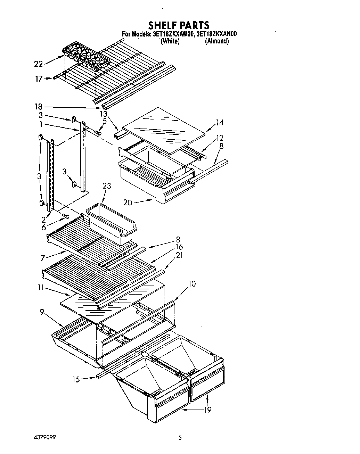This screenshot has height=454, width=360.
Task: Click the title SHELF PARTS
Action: (x=179, y=25)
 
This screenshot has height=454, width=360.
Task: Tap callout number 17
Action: (x=38, y=79)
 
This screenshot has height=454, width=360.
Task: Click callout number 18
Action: (x=38, y=107)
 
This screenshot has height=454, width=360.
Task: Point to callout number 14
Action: (x=219, y=123)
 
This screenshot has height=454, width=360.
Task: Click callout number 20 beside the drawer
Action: (x=128, y=202)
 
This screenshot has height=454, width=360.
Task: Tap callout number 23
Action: (x=106, y=186)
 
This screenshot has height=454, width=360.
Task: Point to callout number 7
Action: (x=43, y=258)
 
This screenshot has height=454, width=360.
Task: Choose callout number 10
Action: (x=191, y=284)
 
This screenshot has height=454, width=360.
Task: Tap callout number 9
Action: (x=42, y=312)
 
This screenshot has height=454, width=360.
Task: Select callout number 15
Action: (x=76, y=379)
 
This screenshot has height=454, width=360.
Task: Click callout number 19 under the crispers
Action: (x=207, y=410)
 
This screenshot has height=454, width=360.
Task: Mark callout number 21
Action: (x=180, y=255)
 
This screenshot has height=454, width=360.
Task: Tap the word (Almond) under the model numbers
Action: (x=217, y=41)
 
